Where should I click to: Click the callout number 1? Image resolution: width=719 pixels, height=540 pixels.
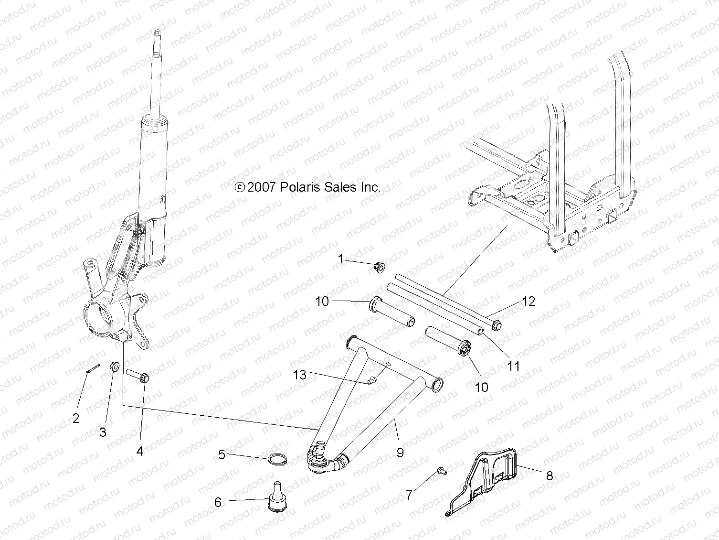pos(340,259)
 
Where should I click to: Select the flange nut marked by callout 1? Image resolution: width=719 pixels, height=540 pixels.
pos(380,266)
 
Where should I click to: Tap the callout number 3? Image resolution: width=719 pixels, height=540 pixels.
pos(102,432)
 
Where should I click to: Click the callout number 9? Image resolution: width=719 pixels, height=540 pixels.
pos(400,452)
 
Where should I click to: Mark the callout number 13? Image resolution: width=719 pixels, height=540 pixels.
pos(300,375)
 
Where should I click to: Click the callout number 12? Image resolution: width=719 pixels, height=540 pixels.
pos(529,302)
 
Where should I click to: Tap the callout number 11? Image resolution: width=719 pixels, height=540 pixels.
pos(513,366)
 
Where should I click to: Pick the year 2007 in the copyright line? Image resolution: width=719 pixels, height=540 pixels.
pos(262,187)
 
